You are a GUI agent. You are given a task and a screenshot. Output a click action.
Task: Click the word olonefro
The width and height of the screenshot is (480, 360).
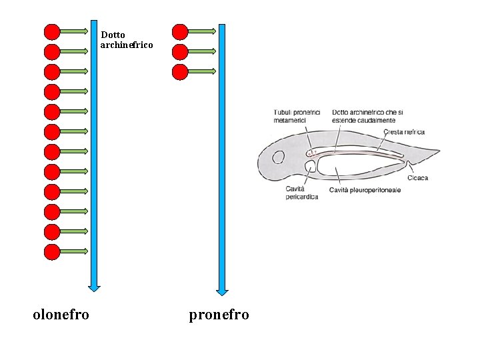61,314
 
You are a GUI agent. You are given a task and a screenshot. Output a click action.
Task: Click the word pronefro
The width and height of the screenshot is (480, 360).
219,314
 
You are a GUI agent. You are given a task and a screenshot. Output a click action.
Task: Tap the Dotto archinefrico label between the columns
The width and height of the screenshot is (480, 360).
126,40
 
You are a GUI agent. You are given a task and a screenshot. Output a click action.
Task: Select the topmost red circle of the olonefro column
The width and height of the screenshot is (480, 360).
52,31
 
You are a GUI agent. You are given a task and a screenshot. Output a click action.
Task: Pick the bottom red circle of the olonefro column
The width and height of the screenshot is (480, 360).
52,252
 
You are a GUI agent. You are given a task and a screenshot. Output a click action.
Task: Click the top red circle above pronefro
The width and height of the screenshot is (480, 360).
180,31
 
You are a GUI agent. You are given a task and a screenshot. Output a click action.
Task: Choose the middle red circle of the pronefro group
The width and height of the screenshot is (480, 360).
180,51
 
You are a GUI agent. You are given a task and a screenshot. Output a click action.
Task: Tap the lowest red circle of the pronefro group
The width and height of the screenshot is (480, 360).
180,71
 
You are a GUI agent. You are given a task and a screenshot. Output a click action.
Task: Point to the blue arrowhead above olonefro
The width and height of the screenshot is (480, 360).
94,287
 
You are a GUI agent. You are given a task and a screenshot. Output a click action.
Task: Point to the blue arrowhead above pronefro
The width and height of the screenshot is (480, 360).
222,291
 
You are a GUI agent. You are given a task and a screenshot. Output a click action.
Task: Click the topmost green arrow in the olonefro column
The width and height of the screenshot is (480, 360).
75,31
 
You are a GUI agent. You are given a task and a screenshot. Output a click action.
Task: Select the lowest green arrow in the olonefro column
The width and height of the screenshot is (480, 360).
75,252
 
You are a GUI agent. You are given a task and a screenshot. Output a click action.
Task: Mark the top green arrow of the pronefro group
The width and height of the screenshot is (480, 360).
203,31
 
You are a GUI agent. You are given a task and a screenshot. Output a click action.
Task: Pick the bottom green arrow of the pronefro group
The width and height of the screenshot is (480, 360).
203,71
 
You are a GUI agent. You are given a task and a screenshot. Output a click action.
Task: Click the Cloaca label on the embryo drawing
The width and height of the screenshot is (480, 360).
418,178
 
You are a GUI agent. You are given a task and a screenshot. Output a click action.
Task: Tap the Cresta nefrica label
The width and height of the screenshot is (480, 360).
405,132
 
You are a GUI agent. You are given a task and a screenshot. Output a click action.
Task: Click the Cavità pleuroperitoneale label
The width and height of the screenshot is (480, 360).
365,190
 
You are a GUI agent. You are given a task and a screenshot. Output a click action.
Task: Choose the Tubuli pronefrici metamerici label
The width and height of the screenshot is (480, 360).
297,116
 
